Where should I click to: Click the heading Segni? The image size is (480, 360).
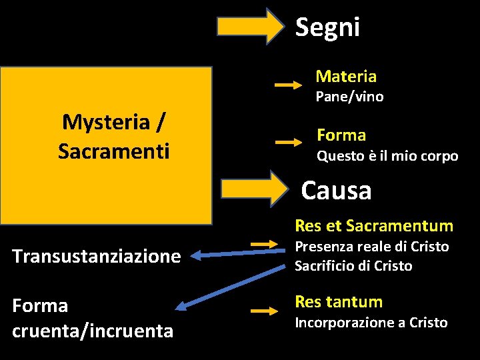click(x=327, y=27)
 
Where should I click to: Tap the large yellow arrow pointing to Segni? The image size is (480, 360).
click(x=250, y=27)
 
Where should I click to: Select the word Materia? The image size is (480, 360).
click(x=345, y=77)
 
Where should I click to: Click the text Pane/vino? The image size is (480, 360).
click(x=349, y=97)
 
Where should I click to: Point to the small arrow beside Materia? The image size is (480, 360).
click(x=289, y=85)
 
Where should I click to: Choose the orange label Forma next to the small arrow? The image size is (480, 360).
click(x=341, y=135)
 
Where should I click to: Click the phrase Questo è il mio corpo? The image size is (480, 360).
click(x=387, y=157)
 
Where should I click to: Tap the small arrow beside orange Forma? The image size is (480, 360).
click(x=289, y=142)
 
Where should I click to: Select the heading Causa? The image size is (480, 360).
click(x=336, y=191)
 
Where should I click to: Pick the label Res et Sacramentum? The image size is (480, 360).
click(x=373, y=226)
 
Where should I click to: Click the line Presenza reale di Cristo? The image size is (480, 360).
click(x=371, y=247)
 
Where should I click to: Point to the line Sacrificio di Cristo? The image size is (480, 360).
click(x=353, y=266)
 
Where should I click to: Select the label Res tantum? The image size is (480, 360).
click(x=339, y=302)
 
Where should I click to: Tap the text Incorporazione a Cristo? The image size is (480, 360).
click(x=371, y=323)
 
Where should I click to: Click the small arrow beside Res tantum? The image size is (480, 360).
click(x=264, y=311)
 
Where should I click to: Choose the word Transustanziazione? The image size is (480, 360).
click(x=97, y=256)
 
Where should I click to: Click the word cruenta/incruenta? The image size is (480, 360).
click(x=93, y=331)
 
